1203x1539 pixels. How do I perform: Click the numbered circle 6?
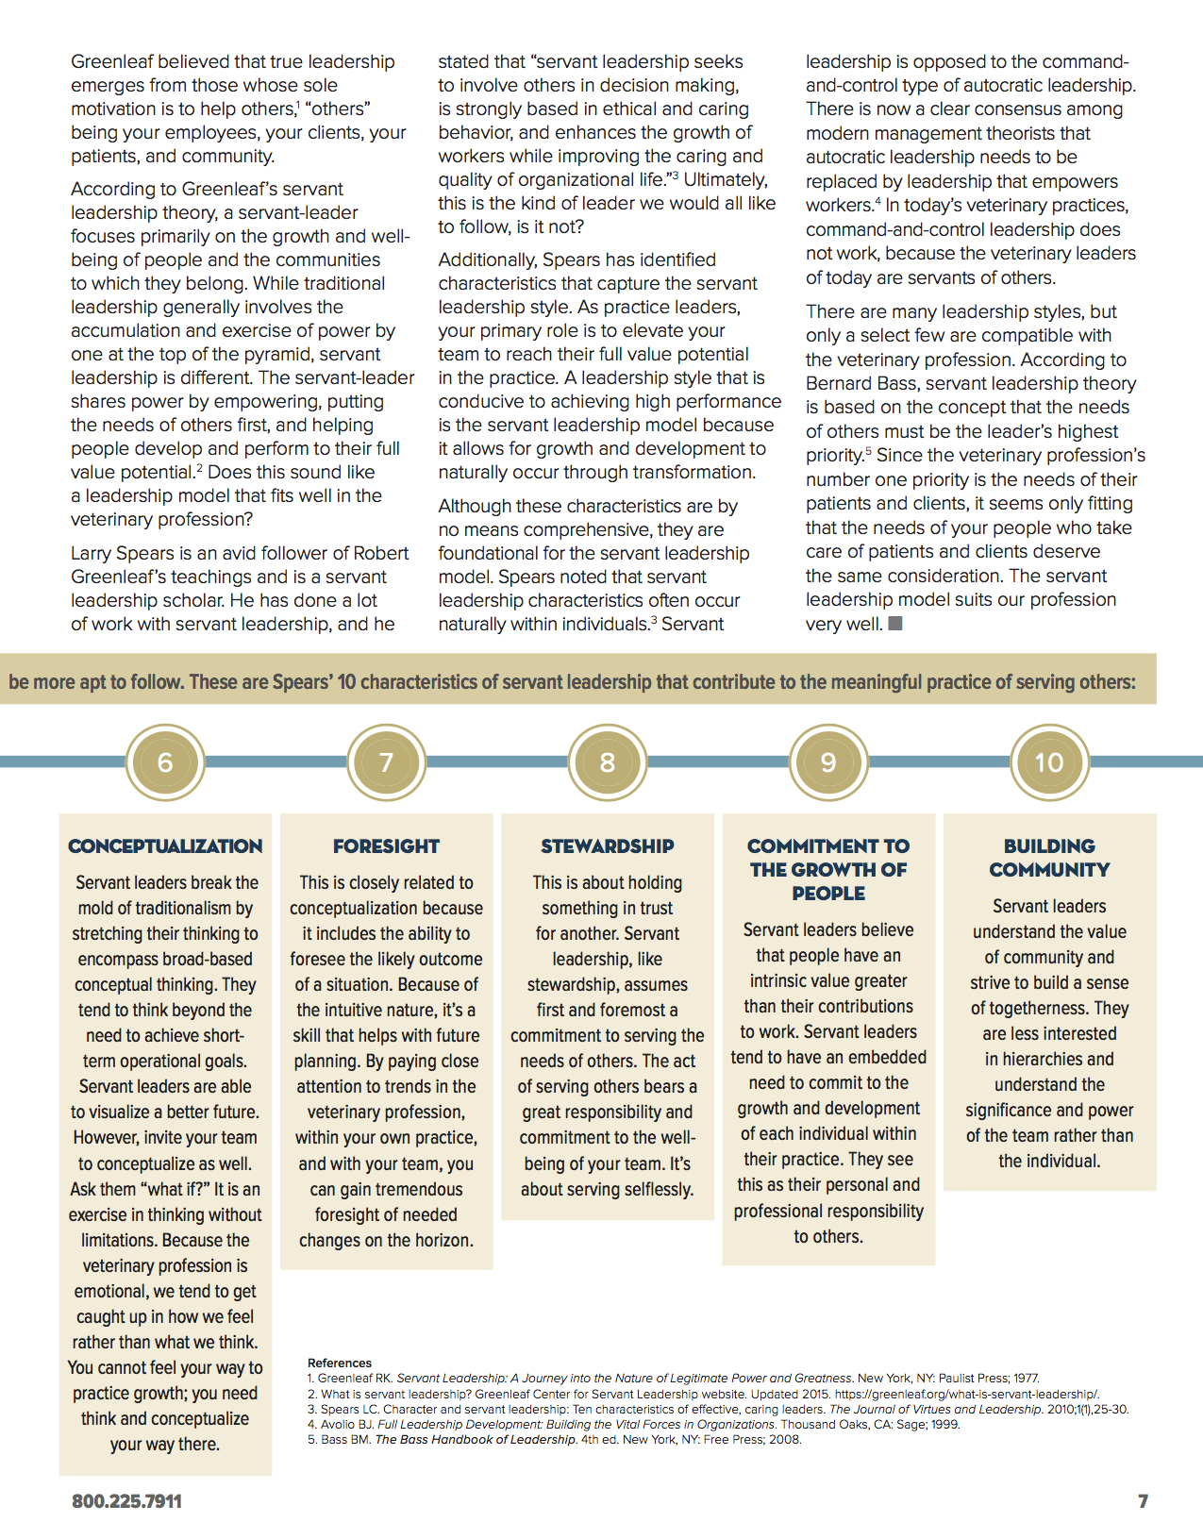165,762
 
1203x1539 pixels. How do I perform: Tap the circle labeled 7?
386,762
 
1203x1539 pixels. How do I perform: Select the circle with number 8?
607,762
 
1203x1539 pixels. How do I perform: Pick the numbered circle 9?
828,762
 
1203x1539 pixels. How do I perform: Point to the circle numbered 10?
1049,762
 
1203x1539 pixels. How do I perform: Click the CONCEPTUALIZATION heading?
165,846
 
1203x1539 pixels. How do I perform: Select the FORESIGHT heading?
386,846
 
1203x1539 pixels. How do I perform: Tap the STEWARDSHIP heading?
607,846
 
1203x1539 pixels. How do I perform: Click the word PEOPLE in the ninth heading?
828,894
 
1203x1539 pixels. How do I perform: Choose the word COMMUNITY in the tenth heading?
1049,870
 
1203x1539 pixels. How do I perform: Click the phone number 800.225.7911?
126,1501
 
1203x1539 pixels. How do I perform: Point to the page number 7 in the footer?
1143,1501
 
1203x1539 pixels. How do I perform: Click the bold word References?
340,1363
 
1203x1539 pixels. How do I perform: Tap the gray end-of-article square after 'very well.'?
895,623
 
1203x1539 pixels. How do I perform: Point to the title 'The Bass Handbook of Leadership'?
476,1439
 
